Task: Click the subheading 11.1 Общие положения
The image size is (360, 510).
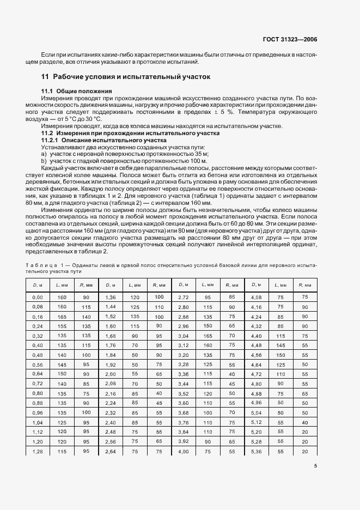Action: pyautogui.click(x=77, y=90)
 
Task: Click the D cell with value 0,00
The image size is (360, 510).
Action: pyautogui.click(x=38, y=297)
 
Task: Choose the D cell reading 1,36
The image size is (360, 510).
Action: pyautogui.click(x=110, y=297)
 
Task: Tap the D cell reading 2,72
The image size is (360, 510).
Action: pyautogui.click(x=182, y=297)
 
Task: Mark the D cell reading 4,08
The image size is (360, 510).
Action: pyautogui.click(x=255, y=297)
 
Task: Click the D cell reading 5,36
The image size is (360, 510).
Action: pyautogui.click(x=255, y=452)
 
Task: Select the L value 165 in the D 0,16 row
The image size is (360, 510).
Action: pyautogui.click(x=62, y=317)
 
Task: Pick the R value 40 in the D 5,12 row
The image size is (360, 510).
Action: pyautogui.click(x=304, y=423)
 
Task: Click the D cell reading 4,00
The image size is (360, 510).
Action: pyautogui.click(x=182, y=452)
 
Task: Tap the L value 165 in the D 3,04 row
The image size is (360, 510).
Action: pyautogui.click(x=207, y=336)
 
